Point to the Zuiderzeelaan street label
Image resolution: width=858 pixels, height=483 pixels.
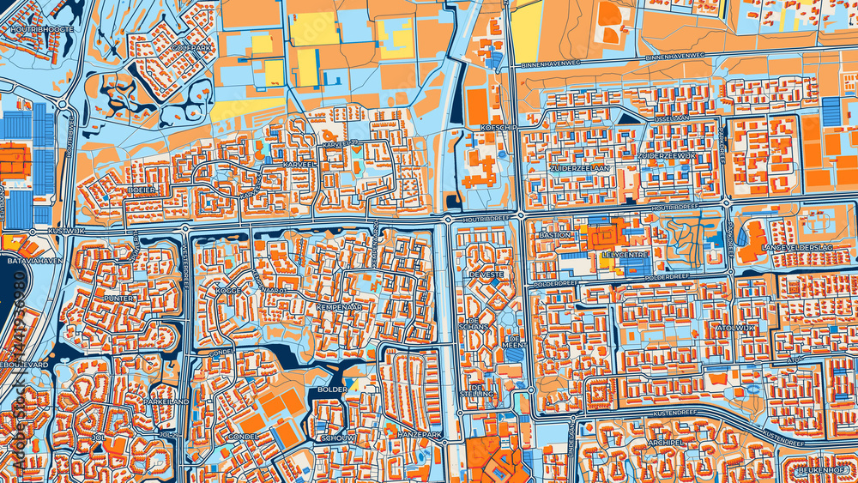click(x=580, y=168)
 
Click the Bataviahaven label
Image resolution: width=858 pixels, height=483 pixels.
click(x=32, y=260)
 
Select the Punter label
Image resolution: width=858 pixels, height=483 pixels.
click(x=118, y=299)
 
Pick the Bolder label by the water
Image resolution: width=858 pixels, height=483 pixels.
click(x=333, y=389)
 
